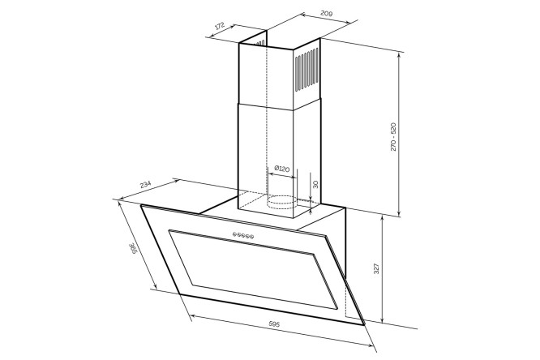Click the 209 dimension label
(326, 14)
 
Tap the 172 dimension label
(220, 27)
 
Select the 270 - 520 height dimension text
(393, 136)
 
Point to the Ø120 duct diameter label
(281, 169)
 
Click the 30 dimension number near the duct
(315, 184)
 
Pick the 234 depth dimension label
(145, 184)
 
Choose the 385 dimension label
(132, 249)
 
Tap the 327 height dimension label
(376, 268)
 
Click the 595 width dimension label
(274, 324)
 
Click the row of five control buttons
(243, 235)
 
